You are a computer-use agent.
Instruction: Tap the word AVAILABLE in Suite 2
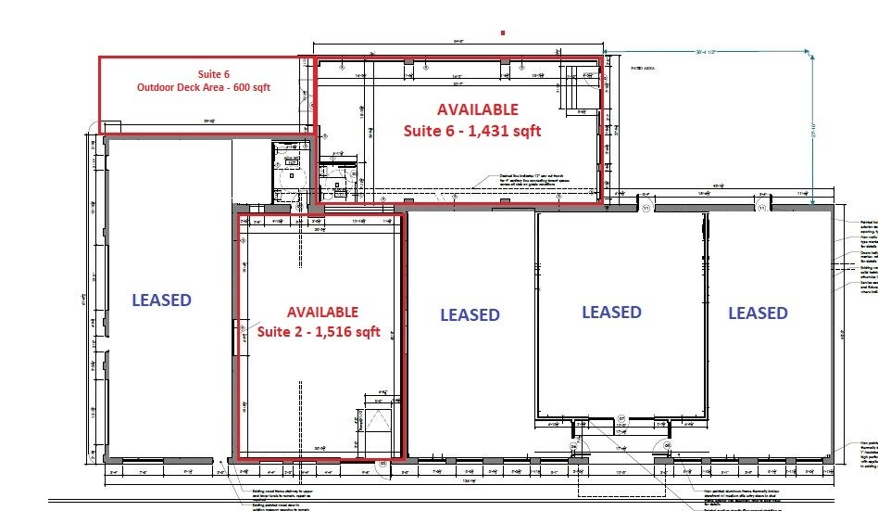click(x=321, y=312)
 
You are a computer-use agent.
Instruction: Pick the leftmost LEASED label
click(x=161, y=300)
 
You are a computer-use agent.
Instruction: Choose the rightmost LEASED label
click(x=757, y=313)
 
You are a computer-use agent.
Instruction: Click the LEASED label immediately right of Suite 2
click(x=470, y=314)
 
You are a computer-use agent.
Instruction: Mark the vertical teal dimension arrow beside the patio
click(x=813, y=121)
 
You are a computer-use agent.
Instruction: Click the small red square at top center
click(x=503, y=32)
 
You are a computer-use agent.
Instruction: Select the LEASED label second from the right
click(x=611, y=312)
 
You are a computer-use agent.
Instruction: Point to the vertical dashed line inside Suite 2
click(x=301, y=408)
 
